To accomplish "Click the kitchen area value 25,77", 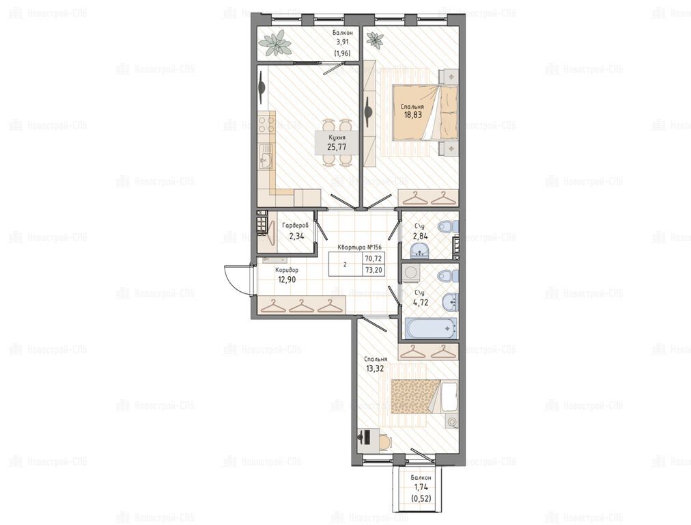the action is [x=337, y=147].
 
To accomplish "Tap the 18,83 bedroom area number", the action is [x=412, y=115].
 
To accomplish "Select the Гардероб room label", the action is [x=295, y=226].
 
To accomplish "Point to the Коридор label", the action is [x=287, y=270].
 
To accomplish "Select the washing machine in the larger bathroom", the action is [x=410, y=273].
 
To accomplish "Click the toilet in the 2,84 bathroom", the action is [x=449, y=226].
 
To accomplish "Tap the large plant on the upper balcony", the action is [x=275, y=44].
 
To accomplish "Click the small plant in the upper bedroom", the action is [x=376, y=40].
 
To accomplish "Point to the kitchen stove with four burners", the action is [x=266, y=123].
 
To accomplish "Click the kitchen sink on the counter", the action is [x=266, y=157].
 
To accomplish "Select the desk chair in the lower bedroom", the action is [x=384, y=441].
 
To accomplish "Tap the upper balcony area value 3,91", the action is [x=342, y=42].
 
